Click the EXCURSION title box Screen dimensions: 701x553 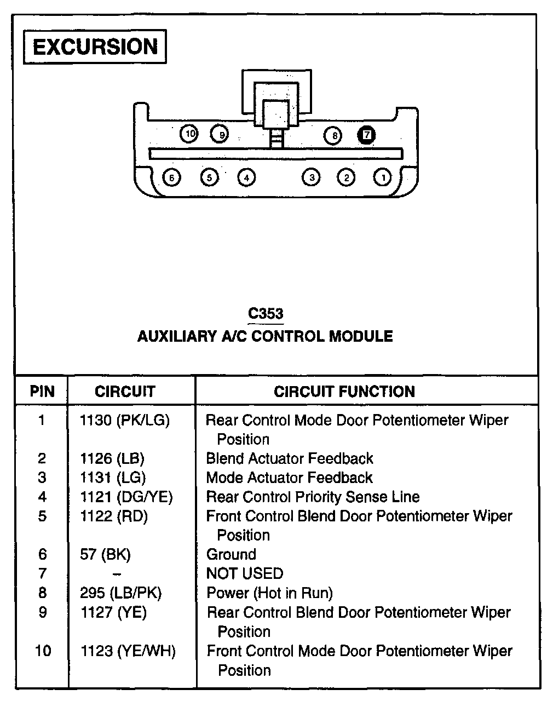[95, 47]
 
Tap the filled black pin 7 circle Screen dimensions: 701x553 [366, 135]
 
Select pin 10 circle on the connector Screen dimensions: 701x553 [189, 134]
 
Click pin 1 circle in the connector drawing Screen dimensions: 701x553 [383, 177]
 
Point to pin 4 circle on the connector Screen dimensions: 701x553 [246, 177]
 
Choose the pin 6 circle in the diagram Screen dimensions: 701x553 [172, 177]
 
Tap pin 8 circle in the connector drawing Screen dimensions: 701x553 [333, 135]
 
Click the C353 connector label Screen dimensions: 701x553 [266, 314]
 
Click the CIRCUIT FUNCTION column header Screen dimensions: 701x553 [344, 392]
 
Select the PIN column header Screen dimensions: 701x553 [42, 392]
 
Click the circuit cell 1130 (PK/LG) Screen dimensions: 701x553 [125, 421]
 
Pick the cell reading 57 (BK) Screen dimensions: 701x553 [105, 555]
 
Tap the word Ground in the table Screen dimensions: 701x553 [231, 555]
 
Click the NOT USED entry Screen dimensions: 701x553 [245, 574]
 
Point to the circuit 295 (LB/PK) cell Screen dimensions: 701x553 [121, 593]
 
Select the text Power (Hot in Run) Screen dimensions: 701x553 [269, 593]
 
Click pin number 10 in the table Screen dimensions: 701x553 [43, 651]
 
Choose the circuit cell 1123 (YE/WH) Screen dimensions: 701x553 [128, 651]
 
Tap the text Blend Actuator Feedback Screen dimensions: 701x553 [290, 458]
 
